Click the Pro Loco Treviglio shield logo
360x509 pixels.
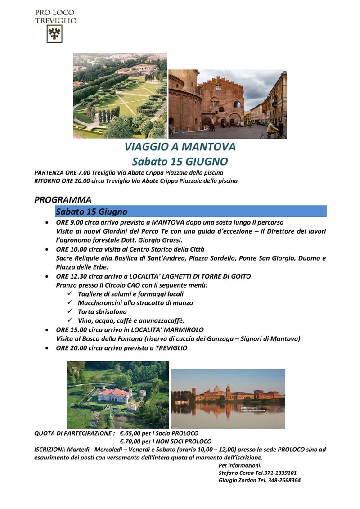coord(55,34)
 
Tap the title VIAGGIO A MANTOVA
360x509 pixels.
coord(180,147)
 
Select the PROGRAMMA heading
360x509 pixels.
coord(63,200)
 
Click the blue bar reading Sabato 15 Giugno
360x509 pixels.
coord(191,212)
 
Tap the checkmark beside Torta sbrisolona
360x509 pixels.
coord(69,311)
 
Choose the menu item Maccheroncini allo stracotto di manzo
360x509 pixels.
coord(135,303)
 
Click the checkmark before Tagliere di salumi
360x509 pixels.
coord(69,294)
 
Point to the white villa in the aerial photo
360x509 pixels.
coord(114,395)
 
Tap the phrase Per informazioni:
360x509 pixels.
coord(239,465)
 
